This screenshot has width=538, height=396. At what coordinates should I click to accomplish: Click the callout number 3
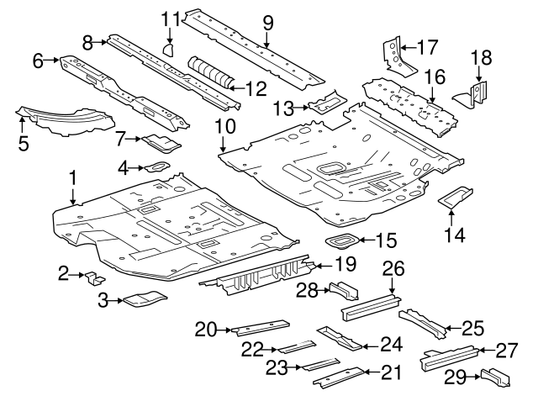click(103, 299)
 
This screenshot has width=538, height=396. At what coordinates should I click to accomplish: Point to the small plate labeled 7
click(157, 140)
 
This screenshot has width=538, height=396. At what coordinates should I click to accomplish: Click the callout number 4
click(123, 169)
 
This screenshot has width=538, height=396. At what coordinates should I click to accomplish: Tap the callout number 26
click(393, 268)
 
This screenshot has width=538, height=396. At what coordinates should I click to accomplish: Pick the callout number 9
click(268, 20)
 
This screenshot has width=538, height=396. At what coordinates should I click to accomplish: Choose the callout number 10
click(224, 127)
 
